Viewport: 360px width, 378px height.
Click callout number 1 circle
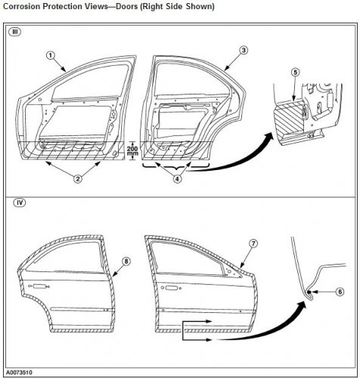tap(51, 55)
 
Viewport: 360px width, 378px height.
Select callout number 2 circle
tap(78, 179)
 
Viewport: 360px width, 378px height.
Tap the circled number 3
tap(244, 50)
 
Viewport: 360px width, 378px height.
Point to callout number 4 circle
tap(177, 179)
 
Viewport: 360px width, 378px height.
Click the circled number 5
tap(295, 73)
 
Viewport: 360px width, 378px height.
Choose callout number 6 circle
tap(340, 292)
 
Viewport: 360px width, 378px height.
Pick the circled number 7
tap(253, 243)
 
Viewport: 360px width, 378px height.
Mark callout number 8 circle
tap(126, 261)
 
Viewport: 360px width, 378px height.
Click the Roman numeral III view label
tap(15, 32)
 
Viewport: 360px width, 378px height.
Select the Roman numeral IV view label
tap(20, 203)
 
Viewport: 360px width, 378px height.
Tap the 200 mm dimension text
tap(132, 150)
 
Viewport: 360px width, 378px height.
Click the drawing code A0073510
tap(20, 372)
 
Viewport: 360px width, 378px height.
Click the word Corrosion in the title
tap(21, 6)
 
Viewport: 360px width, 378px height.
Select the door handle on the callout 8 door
tap(39, 286)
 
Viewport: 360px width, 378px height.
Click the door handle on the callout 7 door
tap(171, 287)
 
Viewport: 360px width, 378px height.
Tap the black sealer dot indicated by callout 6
tap(309, 293)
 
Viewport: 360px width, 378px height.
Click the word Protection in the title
tap(61, 6)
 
